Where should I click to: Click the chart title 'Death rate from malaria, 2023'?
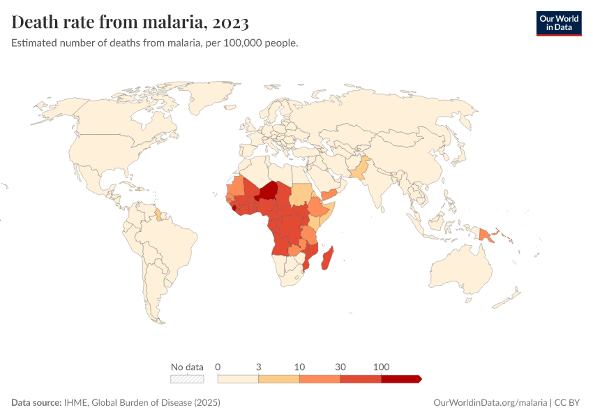pos(130,22)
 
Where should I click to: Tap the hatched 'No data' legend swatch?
pos(187,378)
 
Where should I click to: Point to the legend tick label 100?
pos(381,367)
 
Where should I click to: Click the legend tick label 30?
pos(340,367)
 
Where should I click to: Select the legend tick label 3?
pos(259,367)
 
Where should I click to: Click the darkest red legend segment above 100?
pos(400,378)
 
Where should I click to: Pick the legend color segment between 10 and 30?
pos(320,378)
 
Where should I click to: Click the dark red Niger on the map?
pos(269,191)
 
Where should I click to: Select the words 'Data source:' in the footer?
pos(36,403)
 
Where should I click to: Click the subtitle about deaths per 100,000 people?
pos(155,43)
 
